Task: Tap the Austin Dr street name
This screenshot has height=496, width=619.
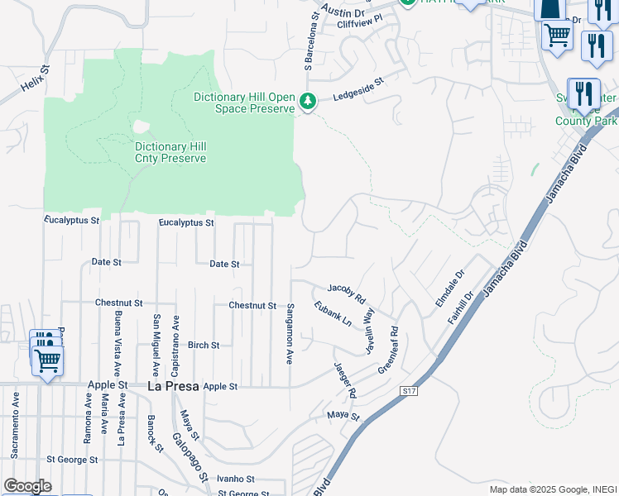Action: pyautogui.click(x=343, y=11)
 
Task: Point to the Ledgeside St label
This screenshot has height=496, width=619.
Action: pyautogui.click(x=359, y=88)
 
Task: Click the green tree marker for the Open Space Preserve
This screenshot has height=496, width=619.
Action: pyautogui.click(x=308, y=102)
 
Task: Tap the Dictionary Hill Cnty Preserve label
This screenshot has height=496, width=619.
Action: pyautogui.click(x=170, y=152)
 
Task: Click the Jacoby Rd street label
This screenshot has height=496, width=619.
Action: pyautogui.click(x=346, y=292)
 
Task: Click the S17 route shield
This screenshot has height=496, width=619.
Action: pyautogui.click(x=409, y=390)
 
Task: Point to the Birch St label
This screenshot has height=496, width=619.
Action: pyautogui.click(x=204, y=345)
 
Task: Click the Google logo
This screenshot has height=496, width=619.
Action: pyautogui.click(x=27, y=486)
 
